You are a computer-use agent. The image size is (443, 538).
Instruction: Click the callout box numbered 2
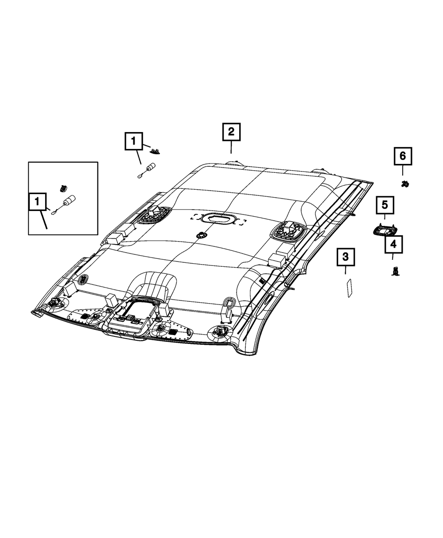click(231, 132)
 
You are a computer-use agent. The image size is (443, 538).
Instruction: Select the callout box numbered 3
click(346, 257)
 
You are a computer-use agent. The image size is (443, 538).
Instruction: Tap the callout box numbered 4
click(393, 244)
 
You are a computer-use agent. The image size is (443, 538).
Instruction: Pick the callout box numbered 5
click(385, 205)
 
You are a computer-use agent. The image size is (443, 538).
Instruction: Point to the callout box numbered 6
click(403, 156)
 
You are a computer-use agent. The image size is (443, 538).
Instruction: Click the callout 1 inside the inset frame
click(37, 202)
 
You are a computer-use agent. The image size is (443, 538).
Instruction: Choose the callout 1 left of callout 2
click(134, 141)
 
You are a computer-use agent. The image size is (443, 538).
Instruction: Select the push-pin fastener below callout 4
click(395, 271)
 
